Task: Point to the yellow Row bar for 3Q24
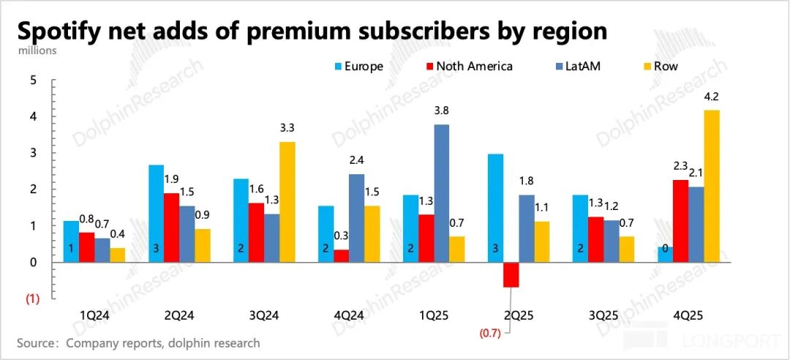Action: (287, 202)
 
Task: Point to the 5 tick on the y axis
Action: (32, 80)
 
